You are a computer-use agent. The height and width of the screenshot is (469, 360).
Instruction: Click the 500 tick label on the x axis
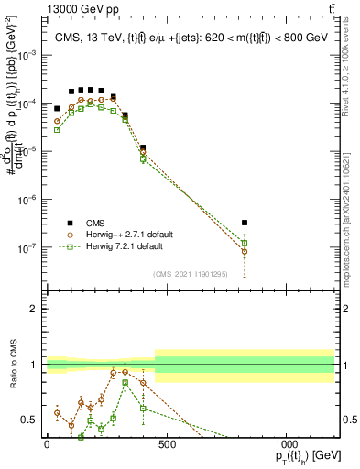coord(166,446)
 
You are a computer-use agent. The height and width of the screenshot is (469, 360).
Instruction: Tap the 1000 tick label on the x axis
coord(286,446)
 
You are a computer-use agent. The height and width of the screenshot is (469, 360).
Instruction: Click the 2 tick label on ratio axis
coord(35,309)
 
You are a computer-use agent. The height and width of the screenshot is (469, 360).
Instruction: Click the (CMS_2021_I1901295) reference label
coord(191,274)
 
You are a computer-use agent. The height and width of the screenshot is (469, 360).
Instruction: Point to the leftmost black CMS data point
coord(57,108)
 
